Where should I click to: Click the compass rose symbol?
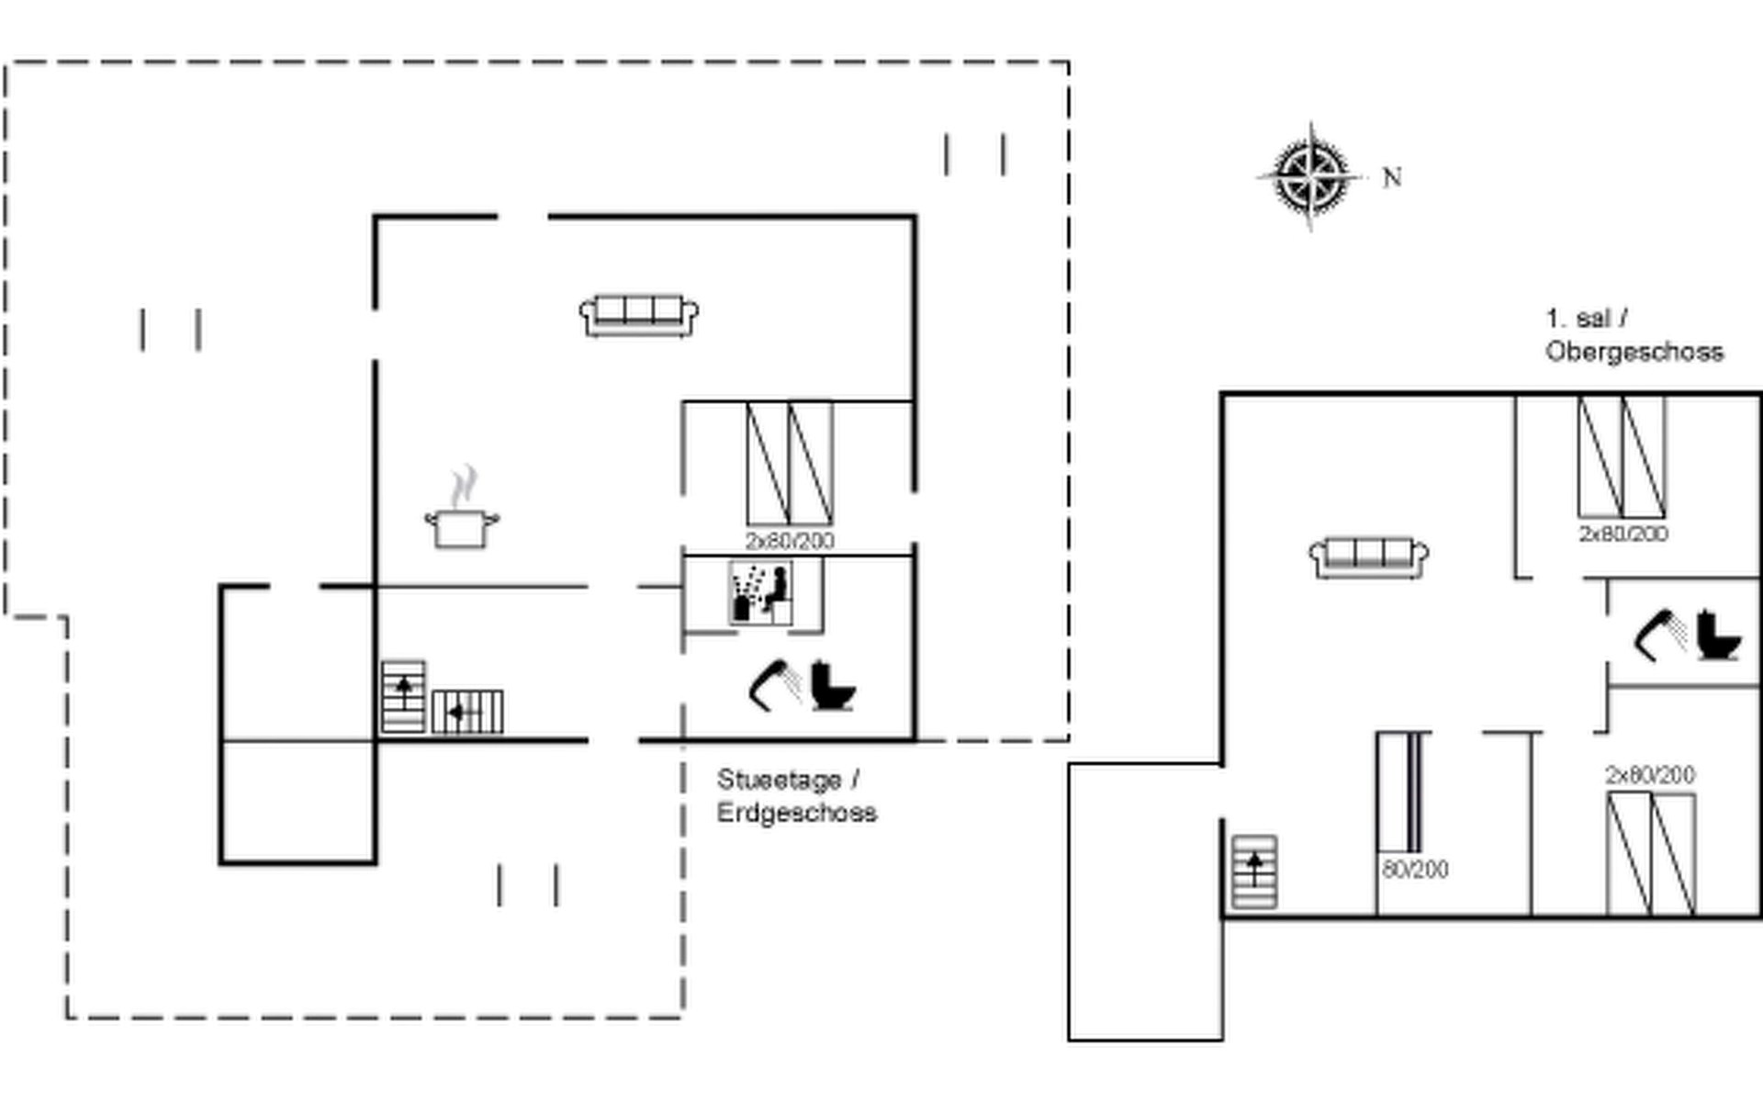click(x=1311, y=176)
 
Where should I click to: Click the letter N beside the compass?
click(x=1392, y=177)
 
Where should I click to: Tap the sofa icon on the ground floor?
click(x=639, y=315)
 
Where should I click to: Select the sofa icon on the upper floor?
click(x=1368, y=557)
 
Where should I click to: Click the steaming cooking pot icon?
click(x=462, y=520)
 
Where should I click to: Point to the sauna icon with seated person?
click(x=761, y=594)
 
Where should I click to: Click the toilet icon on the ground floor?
click(x=832, y=685)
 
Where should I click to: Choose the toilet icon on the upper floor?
click(x=1717, y=635)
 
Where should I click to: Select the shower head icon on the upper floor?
click(x=1659, y=635)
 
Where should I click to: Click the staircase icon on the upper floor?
click(x=1253, y=871)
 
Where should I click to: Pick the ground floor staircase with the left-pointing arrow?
click(x=467, y=712)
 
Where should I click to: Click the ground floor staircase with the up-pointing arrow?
click(x=403, y=696)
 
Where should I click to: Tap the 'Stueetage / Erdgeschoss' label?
click(x=796, y=796)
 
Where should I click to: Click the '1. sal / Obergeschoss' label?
click(x=1634, y=335)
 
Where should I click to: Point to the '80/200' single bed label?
click(x=1415, y=869)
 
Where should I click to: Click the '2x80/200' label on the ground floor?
click(x=790, y=541)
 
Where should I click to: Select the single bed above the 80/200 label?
click(x=1403, y=792)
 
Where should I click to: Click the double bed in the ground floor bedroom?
click(x=790, y=463)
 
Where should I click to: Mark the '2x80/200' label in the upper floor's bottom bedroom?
click(x=1649, y=775)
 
